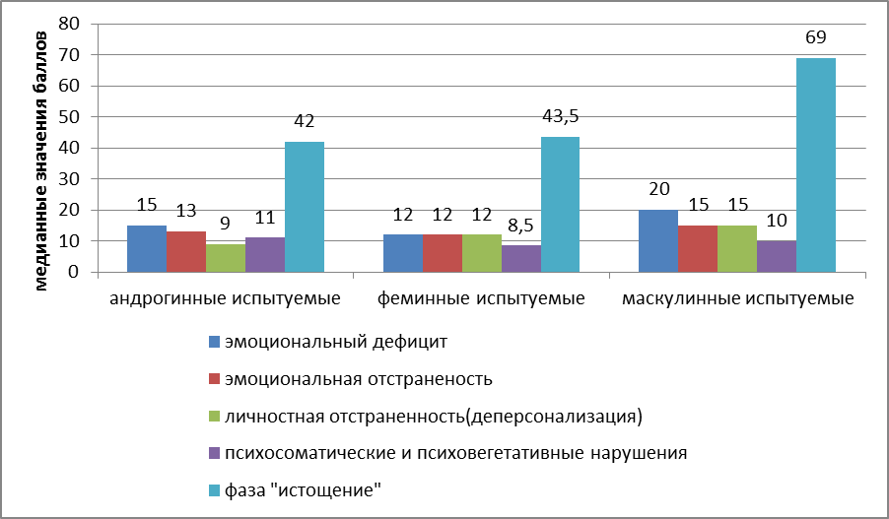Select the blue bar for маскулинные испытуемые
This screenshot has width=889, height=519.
coord(657,241)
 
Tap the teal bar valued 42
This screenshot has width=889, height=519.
coord(304,207)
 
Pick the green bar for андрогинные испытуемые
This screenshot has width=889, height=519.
coord(225,258)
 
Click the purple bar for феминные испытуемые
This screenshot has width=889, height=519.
coord(520,259)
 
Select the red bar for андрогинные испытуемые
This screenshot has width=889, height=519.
coord(185,252)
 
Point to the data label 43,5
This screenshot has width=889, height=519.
coord(559,117)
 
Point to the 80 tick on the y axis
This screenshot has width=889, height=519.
coord(69,24)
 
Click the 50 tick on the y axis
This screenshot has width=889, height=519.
coord(69,117)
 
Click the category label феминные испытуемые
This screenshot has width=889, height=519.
coord(481,297)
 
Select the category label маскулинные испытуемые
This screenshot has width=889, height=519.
coord(737,297)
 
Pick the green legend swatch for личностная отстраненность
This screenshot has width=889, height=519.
coord(214,417)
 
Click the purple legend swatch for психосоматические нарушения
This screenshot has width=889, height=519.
coord(214,453)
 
